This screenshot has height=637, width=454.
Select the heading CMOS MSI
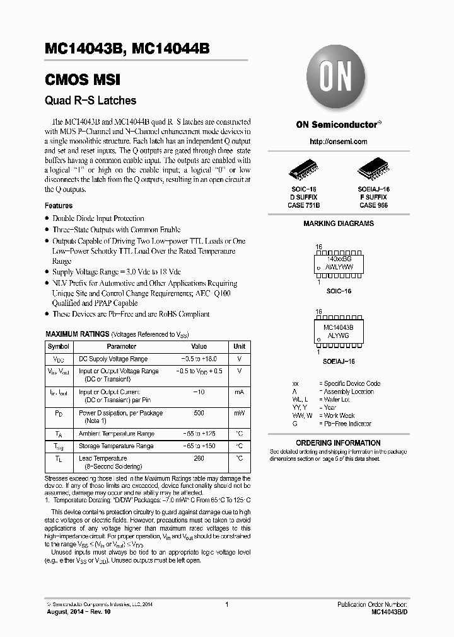tap(82, 80)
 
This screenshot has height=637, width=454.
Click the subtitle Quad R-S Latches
tap(90, 100)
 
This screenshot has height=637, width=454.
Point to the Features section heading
tap(59, 206)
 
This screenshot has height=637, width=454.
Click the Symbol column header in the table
tap(59, 346)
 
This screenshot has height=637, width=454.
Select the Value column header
tap(199, 346)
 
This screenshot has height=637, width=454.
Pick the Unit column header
tap(240, 346)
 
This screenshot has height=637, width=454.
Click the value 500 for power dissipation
tap(199, 413)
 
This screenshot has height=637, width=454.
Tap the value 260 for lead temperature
tap(199, 458)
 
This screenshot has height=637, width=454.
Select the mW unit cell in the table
tap(240, 413)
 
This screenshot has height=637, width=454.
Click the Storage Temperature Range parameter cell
tap(116, 446)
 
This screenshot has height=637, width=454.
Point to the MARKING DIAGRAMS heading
tap(339, 223)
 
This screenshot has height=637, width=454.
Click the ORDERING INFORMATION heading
tap(338, 443)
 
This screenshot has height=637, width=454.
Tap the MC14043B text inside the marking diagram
tap(338, 328)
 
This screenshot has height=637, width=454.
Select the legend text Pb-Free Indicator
tap(347, 424)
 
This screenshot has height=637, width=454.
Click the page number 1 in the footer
tap(226, 605)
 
